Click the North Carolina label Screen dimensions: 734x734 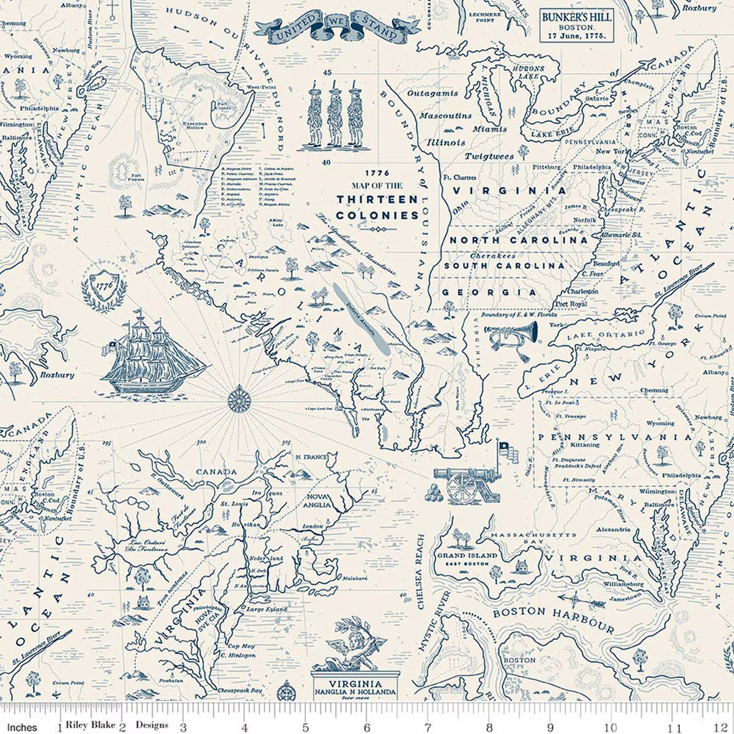(515, 240)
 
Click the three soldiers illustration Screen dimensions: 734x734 (331, 115)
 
